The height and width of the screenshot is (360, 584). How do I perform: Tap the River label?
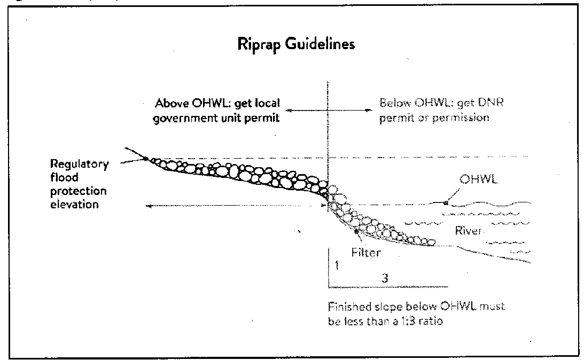tap(468, 231)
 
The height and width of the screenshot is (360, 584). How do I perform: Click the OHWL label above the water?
tap(479, 181)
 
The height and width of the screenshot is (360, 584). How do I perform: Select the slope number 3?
tap(384, 278)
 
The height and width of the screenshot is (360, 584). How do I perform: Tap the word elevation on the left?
tap(74, 205)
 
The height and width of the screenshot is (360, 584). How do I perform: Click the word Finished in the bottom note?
tap(346, 308)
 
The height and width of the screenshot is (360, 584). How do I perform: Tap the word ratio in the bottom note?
tap(432, 322)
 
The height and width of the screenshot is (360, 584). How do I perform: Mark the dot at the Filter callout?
tap(355, 230)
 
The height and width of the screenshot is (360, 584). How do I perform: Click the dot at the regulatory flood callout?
tap(145, 158)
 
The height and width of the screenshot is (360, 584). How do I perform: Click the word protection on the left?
tap(78, 191)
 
